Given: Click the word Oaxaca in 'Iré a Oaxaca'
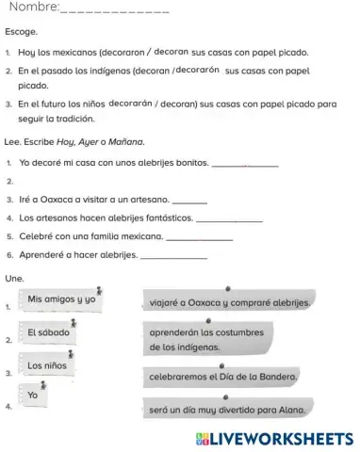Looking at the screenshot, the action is pos(59,200).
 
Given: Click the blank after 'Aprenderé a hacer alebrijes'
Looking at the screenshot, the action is pos(172,254).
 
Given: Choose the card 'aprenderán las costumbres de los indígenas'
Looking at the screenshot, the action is pos(208,340).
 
